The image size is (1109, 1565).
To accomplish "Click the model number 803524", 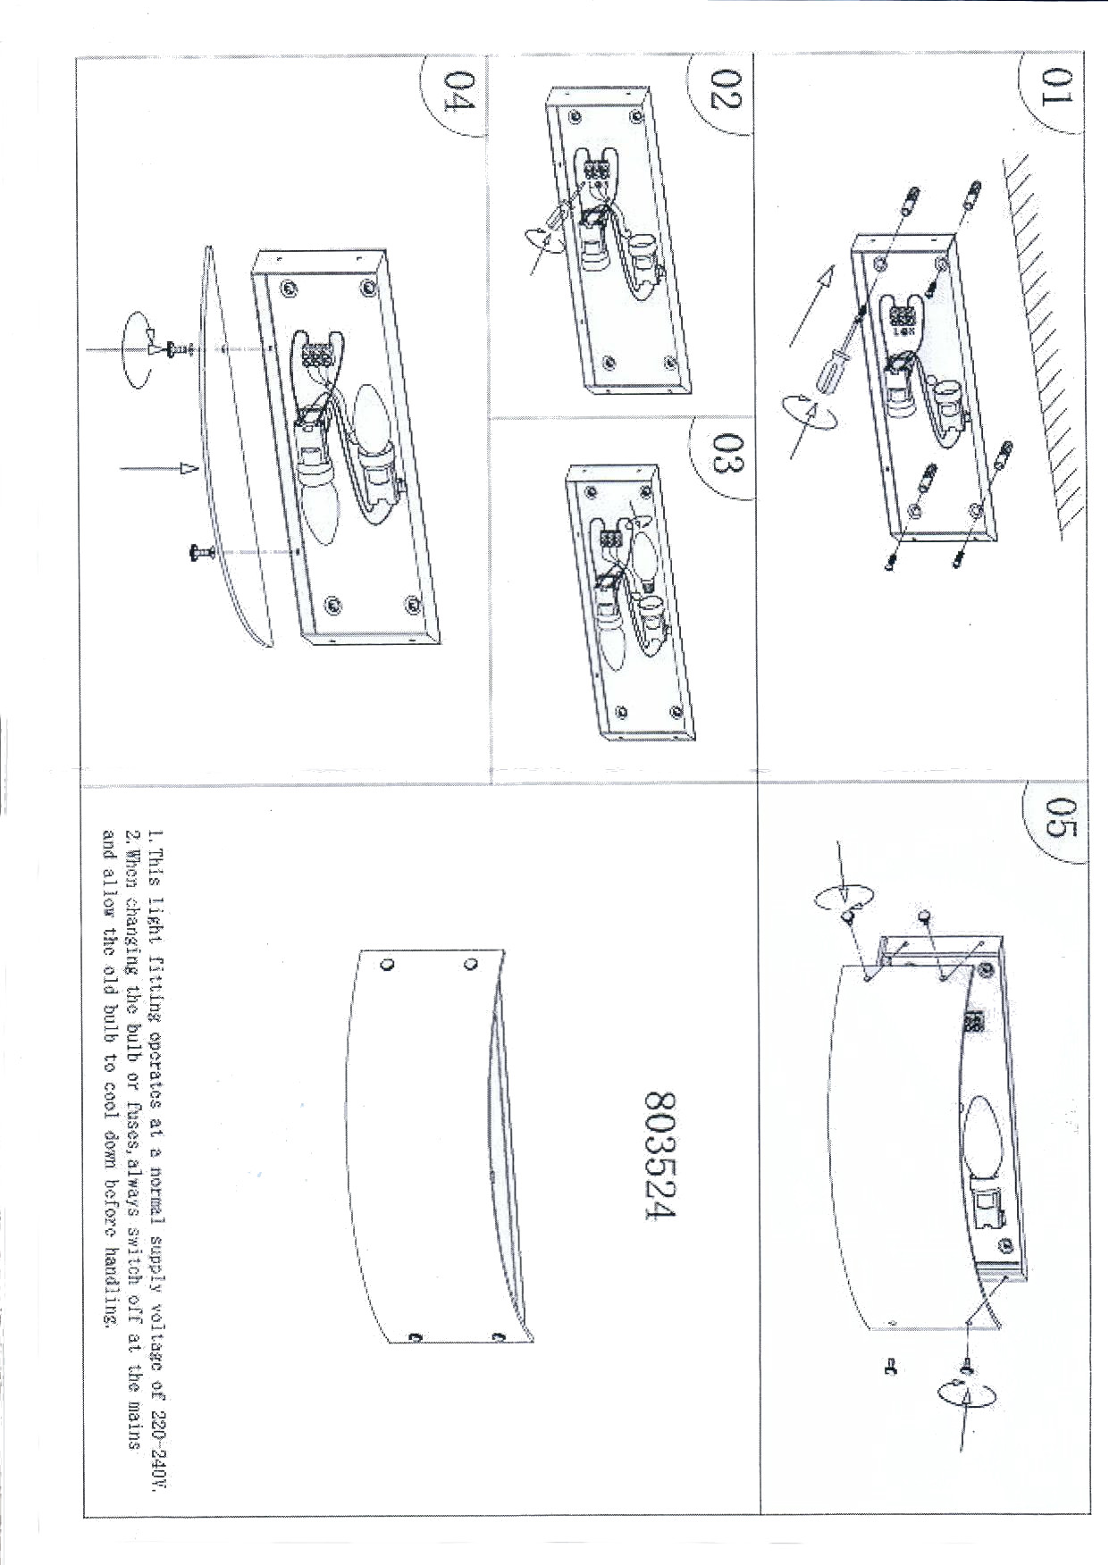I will coord(662,1158).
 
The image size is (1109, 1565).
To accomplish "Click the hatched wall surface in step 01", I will coord(1041,339).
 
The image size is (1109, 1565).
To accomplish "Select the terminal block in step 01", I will coord(901,319).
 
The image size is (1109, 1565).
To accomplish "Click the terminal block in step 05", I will coord(974,1024).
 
